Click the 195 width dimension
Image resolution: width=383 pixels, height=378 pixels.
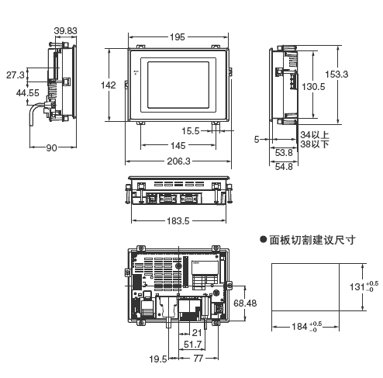[178, 37]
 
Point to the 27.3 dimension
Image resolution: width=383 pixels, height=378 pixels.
[16, 75]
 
